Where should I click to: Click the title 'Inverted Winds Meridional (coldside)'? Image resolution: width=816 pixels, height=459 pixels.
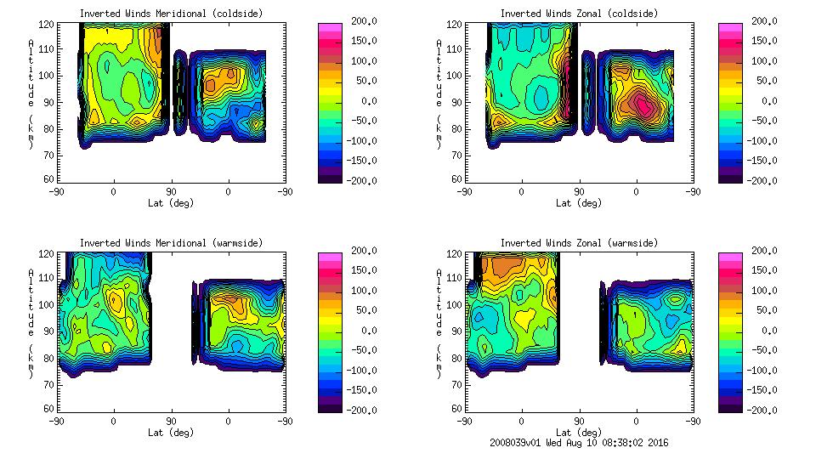(x=171, y=14)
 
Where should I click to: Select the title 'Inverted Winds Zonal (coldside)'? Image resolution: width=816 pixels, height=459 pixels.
(x=579, y=14)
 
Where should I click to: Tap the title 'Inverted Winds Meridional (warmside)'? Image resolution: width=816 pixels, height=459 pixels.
(x=171, y=243)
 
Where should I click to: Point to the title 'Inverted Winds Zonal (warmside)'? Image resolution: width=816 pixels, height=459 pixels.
(x=579, y=243)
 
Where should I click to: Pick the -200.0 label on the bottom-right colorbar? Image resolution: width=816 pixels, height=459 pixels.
(x=761, y=410)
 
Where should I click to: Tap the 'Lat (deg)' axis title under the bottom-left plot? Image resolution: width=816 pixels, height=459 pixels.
(x=171, y=433)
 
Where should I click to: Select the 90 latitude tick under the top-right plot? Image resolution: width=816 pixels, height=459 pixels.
(x=579, y=192)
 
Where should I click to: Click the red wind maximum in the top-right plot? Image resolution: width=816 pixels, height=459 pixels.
(x=643, y=106)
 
